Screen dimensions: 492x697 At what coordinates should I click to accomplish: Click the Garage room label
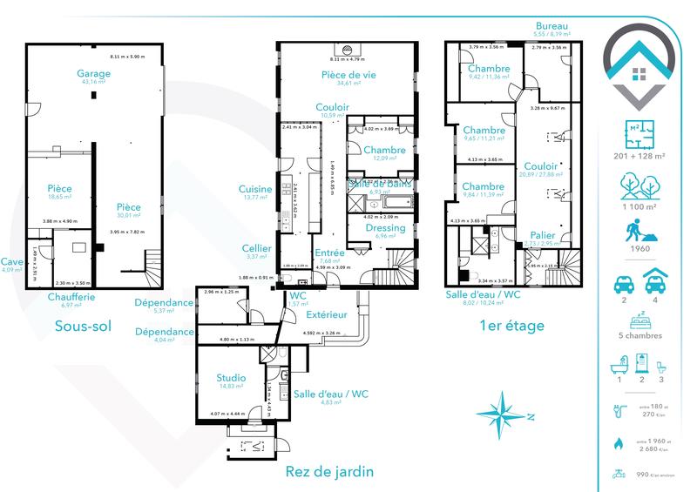pyautogui.click(x=93, y=74)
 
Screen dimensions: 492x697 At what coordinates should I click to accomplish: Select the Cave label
pyautogui.click(x=12, y=260)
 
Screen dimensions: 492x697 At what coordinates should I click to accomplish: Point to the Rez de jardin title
pyautogui.click(x=329, y=472)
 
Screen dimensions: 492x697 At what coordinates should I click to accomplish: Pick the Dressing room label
pyautogui.click(x=385, y=227)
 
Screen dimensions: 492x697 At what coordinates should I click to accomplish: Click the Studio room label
pyautogui.click(x=231, y=378)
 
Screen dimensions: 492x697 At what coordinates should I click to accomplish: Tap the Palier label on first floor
pyautogui.click(x=543, y=235)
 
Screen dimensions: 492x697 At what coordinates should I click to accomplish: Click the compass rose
pyautogui.click(x=507, y=413)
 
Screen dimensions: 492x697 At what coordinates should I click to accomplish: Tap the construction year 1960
pyautogui.click(x=639, y=259)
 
